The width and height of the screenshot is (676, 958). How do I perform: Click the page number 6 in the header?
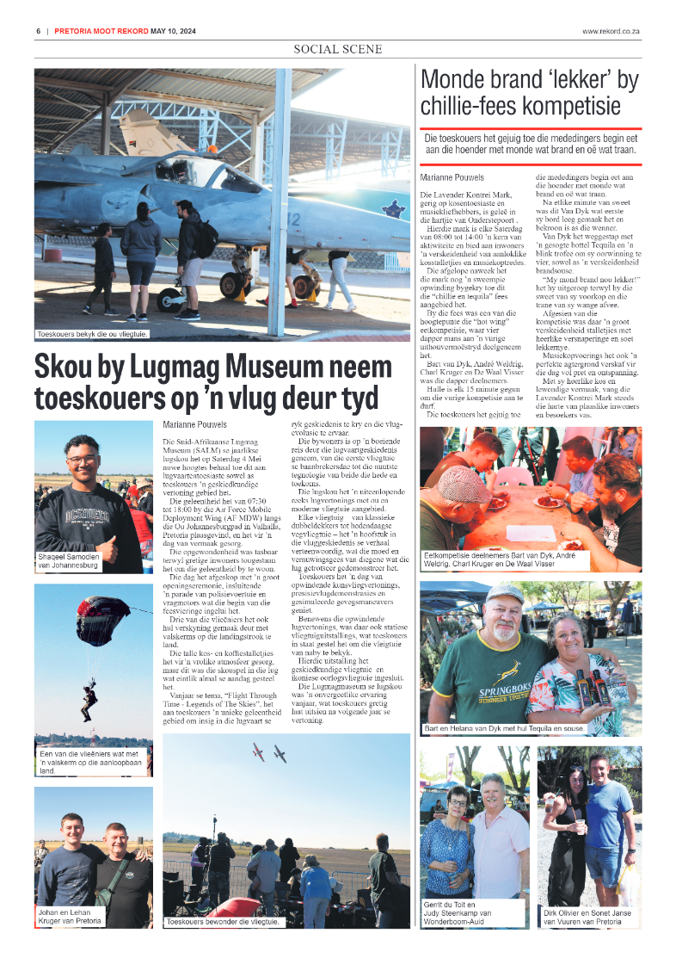pos(39,32)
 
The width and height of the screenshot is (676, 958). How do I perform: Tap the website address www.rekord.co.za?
pos(611,32)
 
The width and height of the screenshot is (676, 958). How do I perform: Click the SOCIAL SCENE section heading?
pos(338,49)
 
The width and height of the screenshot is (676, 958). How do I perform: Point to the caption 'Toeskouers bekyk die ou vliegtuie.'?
pos(92,334)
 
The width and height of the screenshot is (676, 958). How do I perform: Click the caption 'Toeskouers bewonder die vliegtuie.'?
pos(223,921)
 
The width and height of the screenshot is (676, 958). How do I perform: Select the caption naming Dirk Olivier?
pos(589,917)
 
